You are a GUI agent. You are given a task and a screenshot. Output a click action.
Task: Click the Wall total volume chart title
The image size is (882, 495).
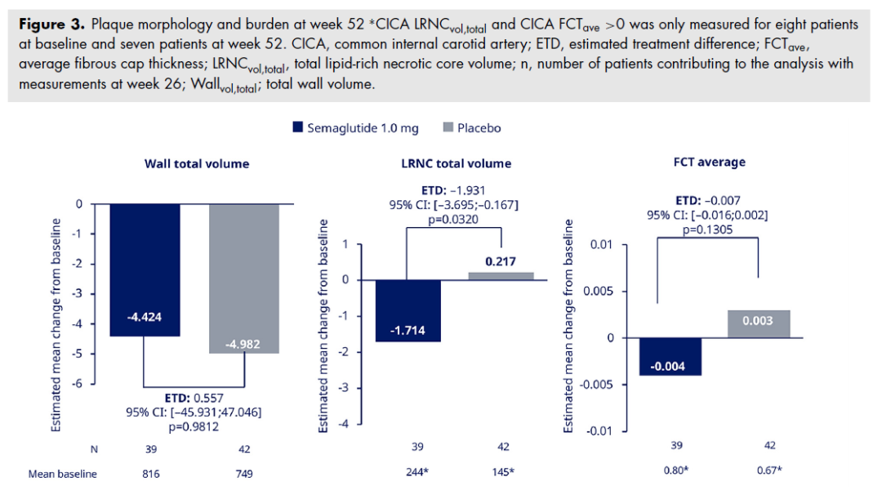[197, 163]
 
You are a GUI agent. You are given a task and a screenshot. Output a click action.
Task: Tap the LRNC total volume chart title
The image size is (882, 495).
[456, 163]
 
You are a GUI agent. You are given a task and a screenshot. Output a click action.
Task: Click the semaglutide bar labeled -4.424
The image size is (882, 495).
[145, 270]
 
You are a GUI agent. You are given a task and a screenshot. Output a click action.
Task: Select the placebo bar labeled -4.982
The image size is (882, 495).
[244, 278]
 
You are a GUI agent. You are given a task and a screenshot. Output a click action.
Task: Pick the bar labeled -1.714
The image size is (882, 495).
[408, 310]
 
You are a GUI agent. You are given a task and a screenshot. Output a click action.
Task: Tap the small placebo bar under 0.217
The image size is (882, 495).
[501, 276]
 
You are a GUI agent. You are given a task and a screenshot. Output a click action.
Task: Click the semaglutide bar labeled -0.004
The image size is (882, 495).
[670, 356]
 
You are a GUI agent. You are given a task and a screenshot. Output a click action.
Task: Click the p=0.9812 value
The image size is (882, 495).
[194, 426]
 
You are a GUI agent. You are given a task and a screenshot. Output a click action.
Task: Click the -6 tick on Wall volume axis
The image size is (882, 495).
[80, 383]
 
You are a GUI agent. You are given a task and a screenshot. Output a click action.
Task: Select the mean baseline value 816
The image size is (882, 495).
[145, 473]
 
